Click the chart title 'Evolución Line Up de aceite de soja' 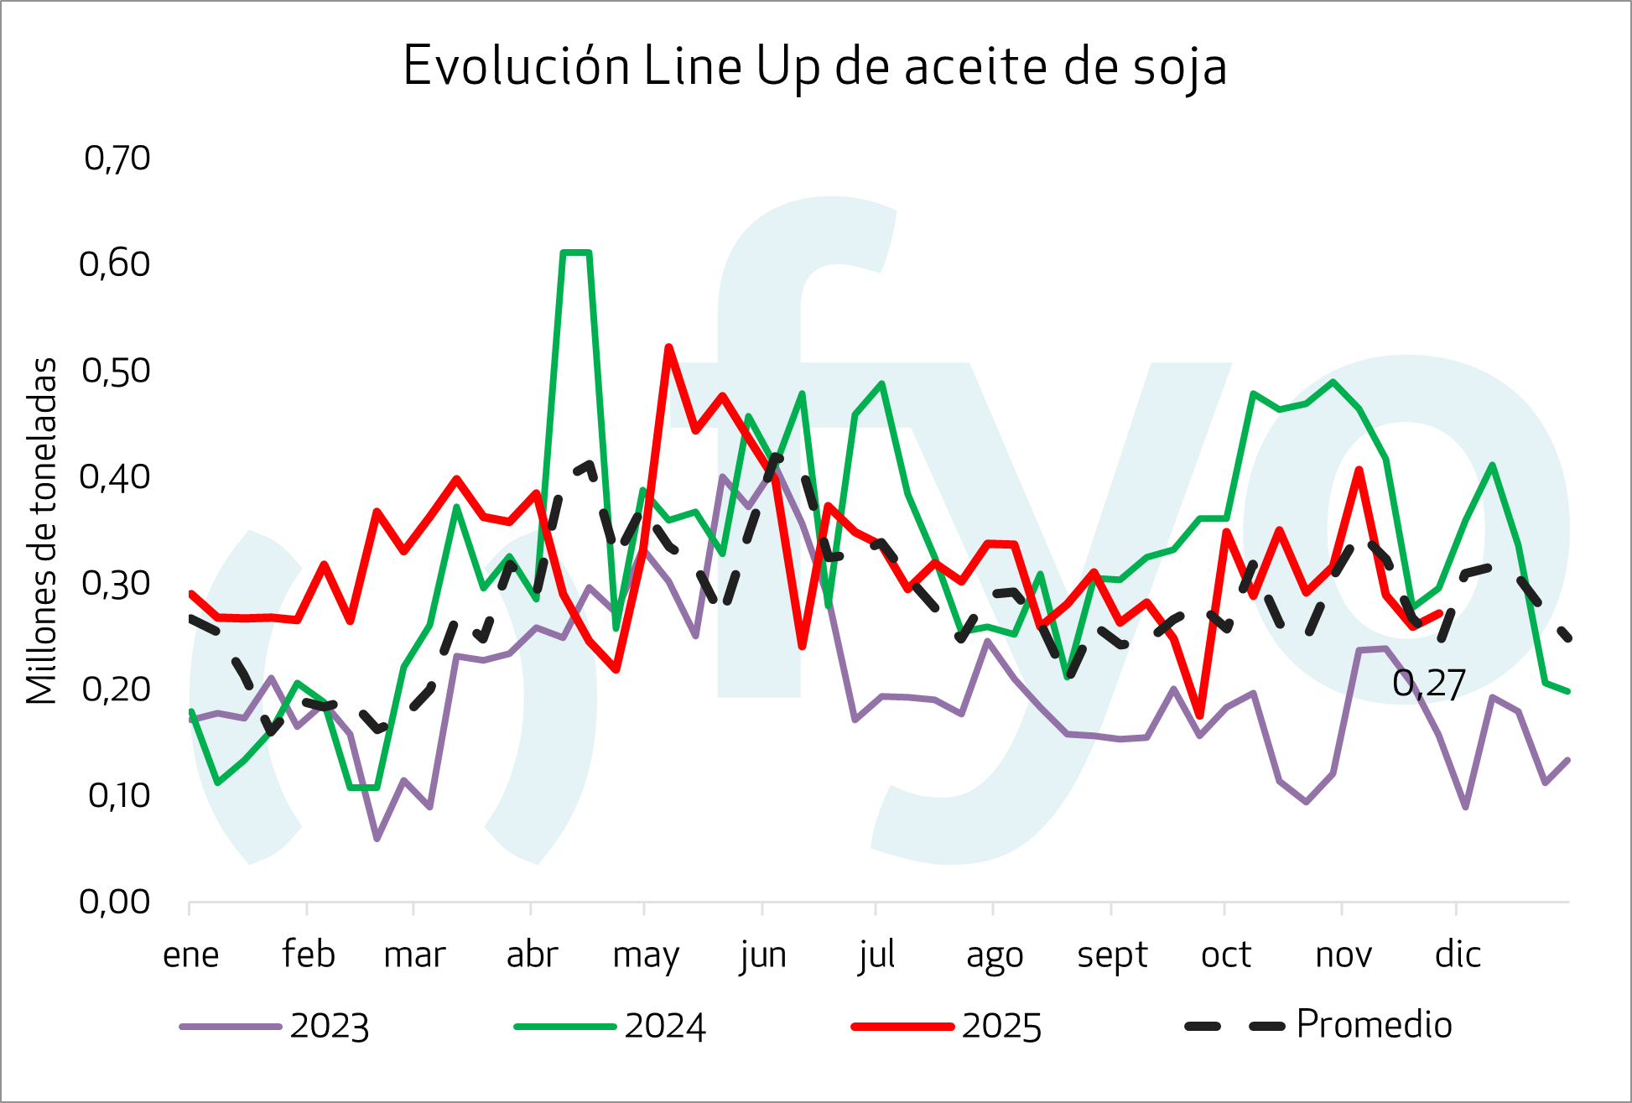(814, 66)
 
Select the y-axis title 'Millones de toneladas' (41, 531)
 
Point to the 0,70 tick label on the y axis (117, 158)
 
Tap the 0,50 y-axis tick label (117, 370)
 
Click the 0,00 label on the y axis (115, 902)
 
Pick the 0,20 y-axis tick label (117, 689)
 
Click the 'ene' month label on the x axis (190, 955)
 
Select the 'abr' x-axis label (532, 955)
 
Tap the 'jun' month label (762, 955)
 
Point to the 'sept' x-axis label (1112, 955)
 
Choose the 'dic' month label (1458, 955)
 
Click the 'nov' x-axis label (1343, 955)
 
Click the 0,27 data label (1428, 684)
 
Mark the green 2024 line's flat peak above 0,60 (576, 252)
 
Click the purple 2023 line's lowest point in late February (377, 838)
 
